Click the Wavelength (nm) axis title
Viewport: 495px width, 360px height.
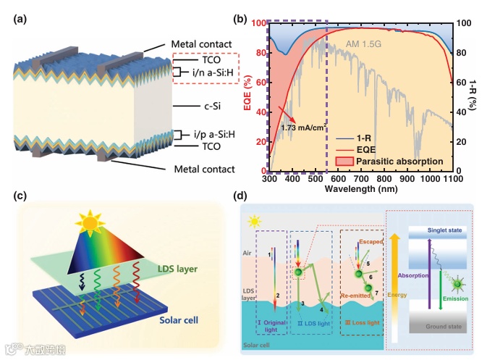(x=360, y=188)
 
